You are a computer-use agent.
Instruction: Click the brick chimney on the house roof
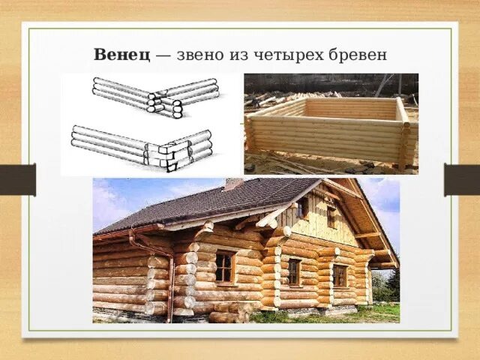pos(233,184)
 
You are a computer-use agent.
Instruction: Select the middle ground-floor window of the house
pos(294,271)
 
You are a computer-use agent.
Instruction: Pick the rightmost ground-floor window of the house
pos(340,276)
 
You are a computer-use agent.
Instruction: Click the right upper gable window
pos(331,216)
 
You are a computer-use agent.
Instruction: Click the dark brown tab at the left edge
pos(17,180)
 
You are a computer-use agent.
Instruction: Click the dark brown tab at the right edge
pos(462,180)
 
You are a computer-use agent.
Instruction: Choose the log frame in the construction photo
pos(330,131)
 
